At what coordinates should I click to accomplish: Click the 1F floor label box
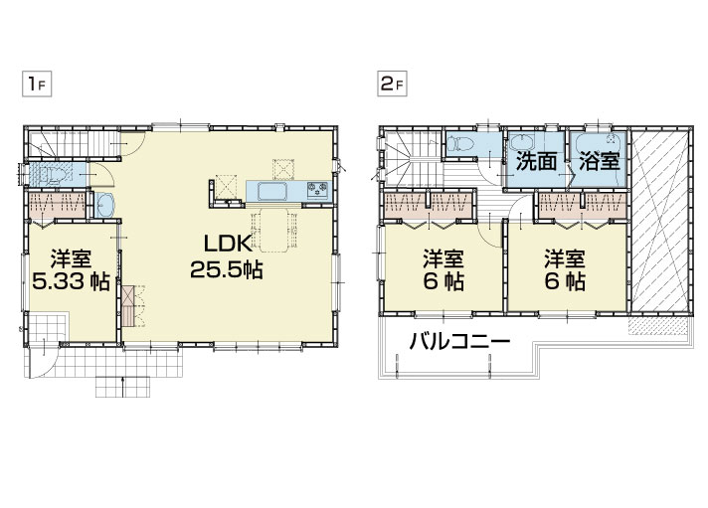(37, 85)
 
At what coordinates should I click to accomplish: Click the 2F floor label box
(392, 85)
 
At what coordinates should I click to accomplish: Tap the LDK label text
(227, 245)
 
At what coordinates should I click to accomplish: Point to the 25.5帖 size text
(226, 270)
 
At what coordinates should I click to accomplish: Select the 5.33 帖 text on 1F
(71, 282)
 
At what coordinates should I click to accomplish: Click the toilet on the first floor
(54, 174)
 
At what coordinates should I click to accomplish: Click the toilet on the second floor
(460, 144)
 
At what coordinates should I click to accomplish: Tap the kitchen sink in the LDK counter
(272, 192)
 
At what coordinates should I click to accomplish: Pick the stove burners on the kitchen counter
(318, 190)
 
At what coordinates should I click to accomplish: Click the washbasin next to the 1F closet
(105, 206)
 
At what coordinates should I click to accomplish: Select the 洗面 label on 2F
(536, 162)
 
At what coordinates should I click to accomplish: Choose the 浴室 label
(599, 161)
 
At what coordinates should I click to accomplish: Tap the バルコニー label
(459, 341)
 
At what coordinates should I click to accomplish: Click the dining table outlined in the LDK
(273, 230)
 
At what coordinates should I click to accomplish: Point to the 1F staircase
(73, 143)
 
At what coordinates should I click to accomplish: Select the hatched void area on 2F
(659, 221)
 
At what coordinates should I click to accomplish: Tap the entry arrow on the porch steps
(123, 387)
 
